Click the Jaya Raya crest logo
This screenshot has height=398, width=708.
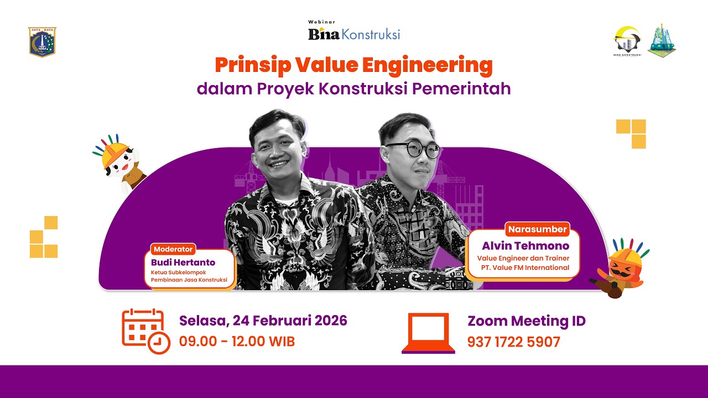point(42,42)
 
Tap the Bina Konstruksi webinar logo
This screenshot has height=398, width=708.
point(354,32)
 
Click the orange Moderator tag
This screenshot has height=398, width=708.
point(173,249)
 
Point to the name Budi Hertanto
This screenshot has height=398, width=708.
point(183,262)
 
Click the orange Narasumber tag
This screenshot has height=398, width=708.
point(537,229)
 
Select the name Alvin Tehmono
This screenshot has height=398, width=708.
point(525,245)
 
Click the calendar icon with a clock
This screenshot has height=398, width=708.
point(145,331)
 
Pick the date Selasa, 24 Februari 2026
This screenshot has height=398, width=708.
point(263,321)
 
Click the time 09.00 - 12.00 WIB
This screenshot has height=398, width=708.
point(237,342)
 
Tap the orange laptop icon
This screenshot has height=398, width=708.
point(429,333)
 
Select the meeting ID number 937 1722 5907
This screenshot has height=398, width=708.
point(513,342)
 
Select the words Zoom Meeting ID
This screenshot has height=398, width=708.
point(526,321)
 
